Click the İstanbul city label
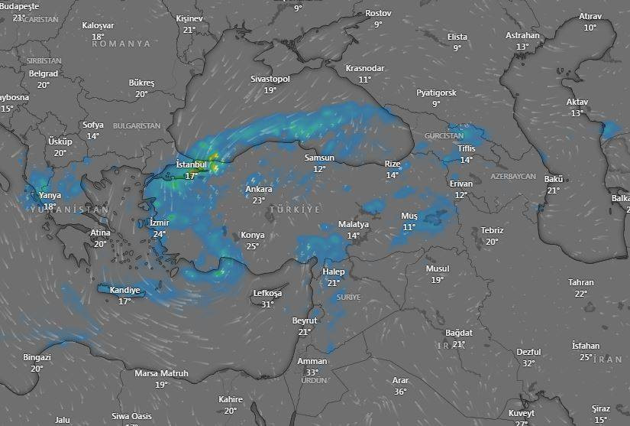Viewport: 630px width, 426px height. (192, 164)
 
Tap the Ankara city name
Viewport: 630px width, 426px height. (259, 190)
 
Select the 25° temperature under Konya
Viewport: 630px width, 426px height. (252, 246)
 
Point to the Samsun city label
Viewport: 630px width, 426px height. (319, 158)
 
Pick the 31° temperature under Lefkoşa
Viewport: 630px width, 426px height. (267, 304)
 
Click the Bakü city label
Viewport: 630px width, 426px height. (553, 179)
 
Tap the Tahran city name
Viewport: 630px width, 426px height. (580, 282)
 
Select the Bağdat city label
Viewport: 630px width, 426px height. (459, 333)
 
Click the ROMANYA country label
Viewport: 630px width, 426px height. (121, 44)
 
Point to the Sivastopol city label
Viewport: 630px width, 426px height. (270, 79)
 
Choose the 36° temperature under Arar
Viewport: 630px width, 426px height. (400, 392)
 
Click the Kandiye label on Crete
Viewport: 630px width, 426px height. (124, 291)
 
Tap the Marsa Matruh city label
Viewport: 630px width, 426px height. (161, 373)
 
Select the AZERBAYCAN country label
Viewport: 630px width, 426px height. (513, 176)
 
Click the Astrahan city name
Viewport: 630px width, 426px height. (522, 35)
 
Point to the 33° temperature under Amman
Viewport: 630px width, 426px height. (312, 372)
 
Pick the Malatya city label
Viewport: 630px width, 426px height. (354, 225)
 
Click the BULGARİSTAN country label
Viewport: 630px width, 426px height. (137, 125)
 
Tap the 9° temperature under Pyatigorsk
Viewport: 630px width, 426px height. (436, 103)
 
